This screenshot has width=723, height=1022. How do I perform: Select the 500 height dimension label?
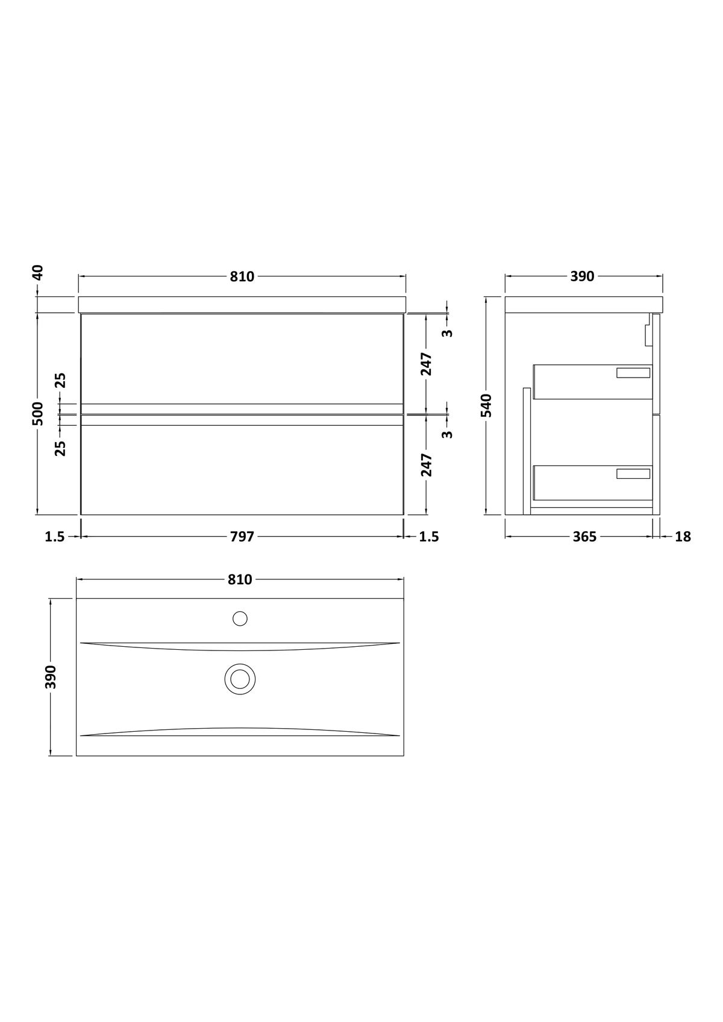39,413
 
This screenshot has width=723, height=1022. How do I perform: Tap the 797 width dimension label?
242,537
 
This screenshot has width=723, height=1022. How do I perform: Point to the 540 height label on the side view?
487,405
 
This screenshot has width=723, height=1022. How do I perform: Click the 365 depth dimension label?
584,537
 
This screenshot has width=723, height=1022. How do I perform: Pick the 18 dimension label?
683,537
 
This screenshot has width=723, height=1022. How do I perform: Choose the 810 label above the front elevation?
242,276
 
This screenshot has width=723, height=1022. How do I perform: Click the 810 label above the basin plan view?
240,579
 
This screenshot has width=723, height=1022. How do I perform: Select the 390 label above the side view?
583,276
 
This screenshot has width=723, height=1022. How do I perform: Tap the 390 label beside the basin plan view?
51,677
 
